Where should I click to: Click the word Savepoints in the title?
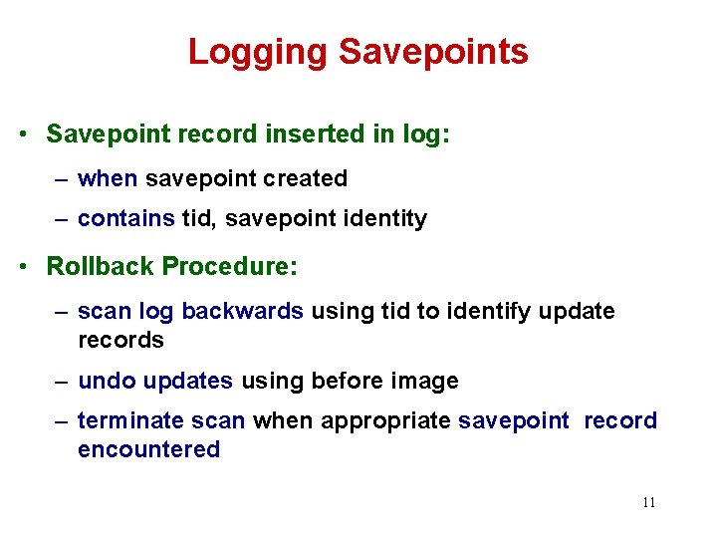coord(433,51)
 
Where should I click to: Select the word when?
coord(108,179)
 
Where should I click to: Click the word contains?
coord(125,218)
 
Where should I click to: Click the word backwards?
coord(243,311)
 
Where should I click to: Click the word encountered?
coord(148,449)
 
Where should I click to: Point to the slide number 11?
coord(648,503)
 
